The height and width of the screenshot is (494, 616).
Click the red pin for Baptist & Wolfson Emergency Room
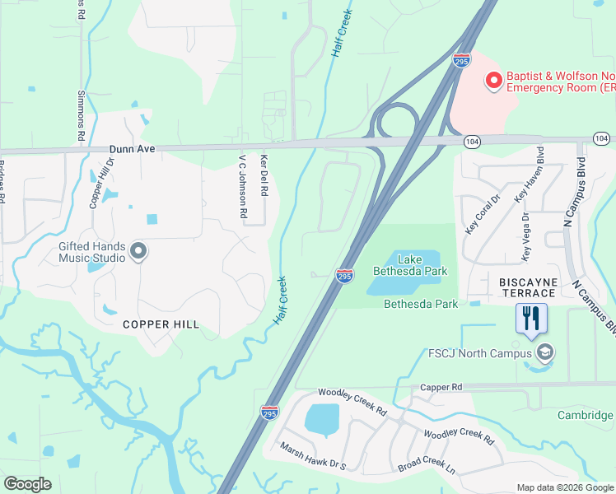(x=494, y=80)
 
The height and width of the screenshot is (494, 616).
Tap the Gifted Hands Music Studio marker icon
(x=138, y=251)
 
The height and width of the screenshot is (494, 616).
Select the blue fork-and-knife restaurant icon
(x=531, y=318)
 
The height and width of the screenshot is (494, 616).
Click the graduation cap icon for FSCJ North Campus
(x=544, y=353)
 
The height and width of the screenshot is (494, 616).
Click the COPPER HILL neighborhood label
(x=161, y=324)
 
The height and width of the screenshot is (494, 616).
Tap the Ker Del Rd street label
(x=264, y=175)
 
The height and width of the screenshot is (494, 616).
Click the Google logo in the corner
(x=27, y=483)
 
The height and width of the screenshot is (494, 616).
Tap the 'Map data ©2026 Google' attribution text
(x=564, y=487)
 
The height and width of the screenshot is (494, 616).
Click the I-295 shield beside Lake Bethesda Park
(x=344, y=275)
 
